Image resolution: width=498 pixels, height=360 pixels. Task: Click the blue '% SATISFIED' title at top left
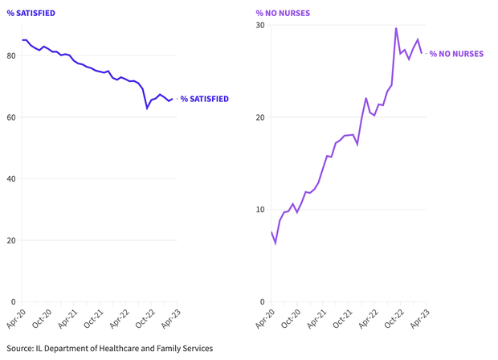31,13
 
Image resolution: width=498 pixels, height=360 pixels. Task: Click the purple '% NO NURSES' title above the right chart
283,13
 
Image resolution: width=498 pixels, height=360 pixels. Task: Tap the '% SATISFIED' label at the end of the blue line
204,99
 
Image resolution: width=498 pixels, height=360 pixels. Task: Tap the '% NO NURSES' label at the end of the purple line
456,54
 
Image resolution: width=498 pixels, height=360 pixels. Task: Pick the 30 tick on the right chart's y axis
261,25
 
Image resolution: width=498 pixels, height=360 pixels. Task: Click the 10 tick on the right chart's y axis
261,210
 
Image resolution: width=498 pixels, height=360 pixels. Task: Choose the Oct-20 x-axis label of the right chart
291,319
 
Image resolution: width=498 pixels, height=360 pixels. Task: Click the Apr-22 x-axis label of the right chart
366,319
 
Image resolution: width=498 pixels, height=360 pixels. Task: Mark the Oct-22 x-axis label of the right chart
391,319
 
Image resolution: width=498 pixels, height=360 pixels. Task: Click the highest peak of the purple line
396,28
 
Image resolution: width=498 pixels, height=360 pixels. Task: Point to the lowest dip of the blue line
147,108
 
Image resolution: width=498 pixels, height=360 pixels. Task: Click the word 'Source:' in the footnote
22,348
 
